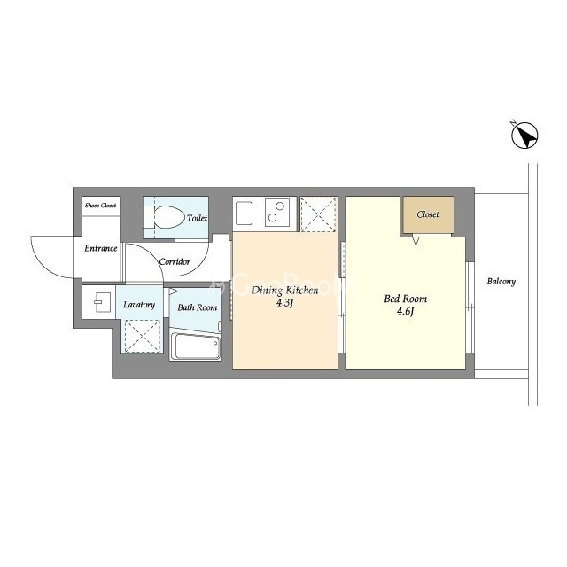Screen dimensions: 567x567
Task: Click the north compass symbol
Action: pyautogui.click(x=524, y=135)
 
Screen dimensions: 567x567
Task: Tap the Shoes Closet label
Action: pyautogui.click(x=100, y=206)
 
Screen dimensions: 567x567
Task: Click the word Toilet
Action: pyautogui.click(x=197, y=218)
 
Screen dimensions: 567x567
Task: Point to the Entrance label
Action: pyautogui.click(x=101, y=248)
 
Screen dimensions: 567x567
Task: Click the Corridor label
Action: pyautogui.click(x=175, y=261)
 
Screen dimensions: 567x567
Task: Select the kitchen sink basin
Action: pyautogui.click(x=245, y=214)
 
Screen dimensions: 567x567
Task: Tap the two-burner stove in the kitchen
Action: pyautogui.click(x=277, y=213)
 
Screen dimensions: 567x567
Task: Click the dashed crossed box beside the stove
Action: pyautogui.click(x=318, y=214)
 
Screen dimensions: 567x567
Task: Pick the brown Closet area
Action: pyautogui.click(x=428, y=215)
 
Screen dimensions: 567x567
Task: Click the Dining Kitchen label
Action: pyautogui.click(x=285, y=291)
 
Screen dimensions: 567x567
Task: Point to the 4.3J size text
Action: pyautogui.click(x=284, y=303)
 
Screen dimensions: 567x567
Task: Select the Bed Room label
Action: pyautogui.click(x=406, y=299)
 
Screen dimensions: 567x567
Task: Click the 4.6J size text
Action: pyautogui.click(x=405, y=311)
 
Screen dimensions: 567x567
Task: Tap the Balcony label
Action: pyautogui.click(x=501, y=282)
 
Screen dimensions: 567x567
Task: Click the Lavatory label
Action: pyautogui.click(x=139, y=305)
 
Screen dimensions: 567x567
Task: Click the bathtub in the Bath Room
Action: pyautogui.click(x=196, y=346)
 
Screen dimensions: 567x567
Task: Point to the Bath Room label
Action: pyautogui.click(x=198, y=307)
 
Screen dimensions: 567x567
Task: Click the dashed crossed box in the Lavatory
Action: pyautogui.click(x=142, y=337)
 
